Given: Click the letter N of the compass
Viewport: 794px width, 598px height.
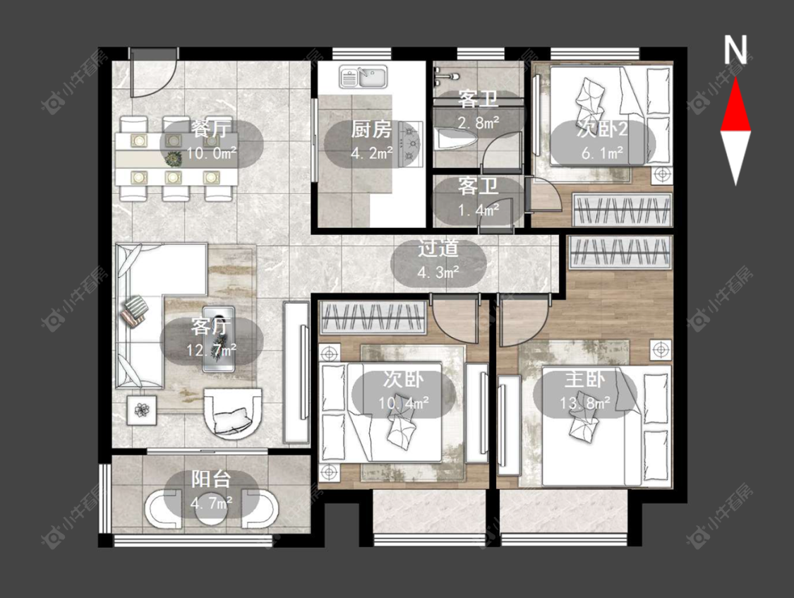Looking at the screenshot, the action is [735, 50].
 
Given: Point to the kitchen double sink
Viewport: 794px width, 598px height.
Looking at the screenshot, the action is [363, 77].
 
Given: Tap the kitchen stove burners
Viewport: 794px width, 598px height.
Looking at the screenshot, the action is [411, 144].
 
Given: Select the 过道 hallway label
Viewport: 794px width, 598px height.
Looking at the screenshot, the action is [438, 249].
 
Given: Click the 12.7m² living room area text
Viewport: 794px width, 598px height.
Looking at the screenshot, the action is [212, 350].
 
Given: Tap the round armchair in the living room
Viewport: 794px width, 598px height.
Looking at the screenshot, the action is [233, 414].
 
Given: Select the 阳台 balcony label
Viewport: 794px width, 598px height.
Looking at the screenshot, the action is [211, 479].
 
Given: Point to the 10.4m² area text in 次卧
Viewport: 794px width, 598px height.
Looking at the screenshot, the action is [404, 403].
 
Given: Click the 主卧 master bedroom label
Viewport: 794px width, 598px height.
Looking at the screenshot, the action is [585, 379].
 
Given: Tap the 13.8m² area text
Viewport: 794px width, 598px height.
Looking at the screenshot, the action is [585, 403].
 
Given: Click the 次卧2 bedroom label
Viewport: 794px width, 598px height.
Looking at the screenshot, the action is [603, 129].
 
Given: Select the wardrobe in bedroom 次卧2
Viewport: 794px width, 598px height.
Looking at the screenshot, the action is [622, 210].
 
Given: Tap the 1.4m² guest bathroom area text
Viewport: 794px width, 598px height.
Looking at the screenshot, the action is [479, 209].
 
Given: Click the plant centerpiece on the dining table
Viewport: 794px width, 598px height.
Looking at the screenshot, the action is [174, 159].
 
